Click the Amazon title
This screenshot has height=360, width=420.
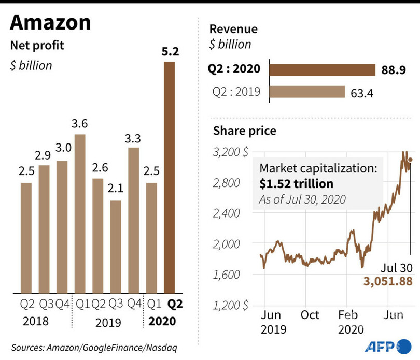(50, 23)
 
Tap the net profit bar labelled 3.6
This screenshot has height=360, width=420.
(80, 213)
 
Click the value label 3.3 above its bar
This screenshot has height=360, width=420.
(133, 138)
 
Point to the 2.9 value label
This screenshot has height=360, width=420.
(43, 155)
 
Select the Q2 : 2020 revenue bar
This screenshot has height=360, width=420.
(322, 69)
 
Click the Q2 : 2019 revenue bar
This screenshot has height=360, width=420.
(307, 92)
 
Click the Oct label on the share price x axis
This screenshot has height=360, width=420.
(311, 315)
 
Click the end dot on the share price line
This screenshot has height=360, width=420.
(410, 160)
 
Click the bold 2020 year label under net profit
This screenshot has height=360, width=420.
(162, 321)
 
